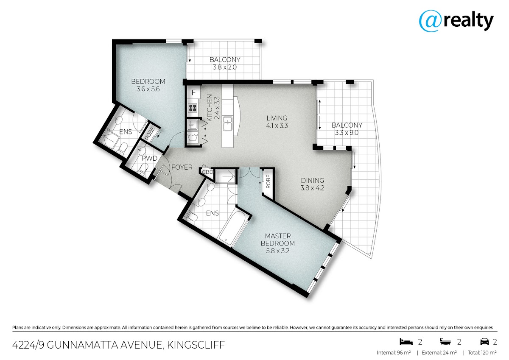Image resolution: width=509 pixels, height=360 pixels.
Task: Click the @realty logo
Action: click(456, 21)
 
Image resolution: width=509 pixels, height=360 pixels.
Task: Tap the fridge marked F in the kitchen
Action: click(193, 92)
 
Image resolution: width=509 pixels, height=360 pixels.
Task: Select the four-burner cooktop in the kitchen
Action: click(193, 108)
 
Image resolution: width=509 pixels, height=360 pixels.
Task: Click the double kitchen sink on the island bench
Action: click(227, 123)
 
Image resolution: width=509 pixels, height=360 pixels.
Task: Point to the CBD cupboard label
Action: click(207, 172)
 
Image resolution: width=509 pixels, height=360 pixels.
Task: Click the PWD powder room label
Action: click(149, 158)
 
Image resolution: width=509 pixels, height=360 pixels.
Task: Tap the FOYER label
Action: click(182, 167)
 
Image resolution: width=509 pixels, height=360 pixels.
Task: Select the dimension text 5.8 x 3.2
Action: click(278, 251)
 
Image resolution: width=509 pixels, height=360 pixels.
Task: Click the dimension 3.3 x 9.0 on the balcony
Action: click(347, 132)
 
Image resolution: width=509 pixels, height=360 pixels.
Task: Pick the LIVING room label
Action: click(277, 118)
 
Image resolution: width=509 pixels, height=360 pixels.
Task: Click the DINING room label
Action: click(313, 180)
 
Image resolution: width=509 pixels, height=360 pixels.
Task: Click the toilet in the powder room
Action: click(143, 169)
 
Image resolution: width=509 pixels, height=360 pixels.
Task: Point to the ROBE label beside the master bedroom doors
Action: click(268, 181)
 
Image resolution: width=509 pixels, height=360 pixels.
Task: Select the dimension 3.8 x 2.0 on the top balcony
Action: click(224, 67)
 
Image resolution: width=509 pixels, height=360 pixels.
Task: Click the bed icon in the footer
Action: click(406, 341)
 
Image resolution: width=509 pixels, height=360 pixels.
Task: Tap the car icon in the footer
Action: click(484, 341)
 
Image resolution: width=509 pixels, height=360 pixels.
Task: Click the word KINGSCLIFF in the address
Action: click(196, 345)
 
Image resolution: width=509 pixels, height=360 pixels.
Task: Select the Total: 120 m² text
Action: click(482, 353)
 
